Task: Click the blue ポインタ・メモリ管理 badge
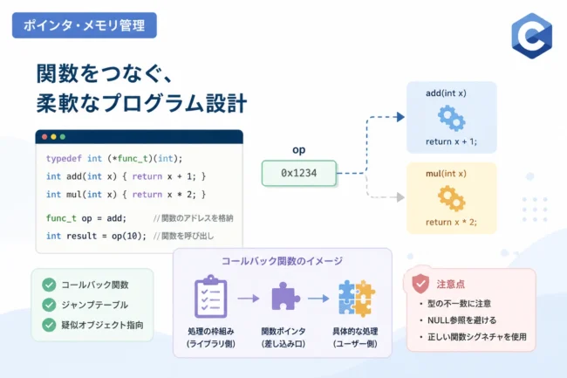85,25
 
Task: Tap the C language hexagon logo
532,36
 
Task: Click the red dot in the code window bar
44,137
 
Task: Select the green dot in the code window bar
63,137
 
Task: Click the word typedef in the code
64,158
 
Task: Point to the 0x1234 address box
299,173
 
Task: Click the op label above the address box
298,150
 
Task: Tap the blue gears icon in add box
451,118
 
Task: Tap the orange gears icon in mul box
451,198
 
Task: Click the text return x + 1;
451,141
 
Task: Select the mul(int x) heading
447,174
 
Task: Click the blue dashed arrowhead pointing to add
400,117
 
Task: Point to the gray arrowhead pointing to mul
400,197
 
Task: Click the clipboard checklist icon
211,296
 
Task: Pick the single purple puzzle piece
285,296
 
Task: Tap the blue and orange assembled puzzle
357,298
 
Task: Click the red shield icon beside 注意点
420,283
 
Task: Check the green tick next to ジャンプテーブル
49,305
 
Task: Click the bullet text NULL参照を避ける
461,320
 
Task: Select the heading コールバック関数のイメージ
282,261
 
